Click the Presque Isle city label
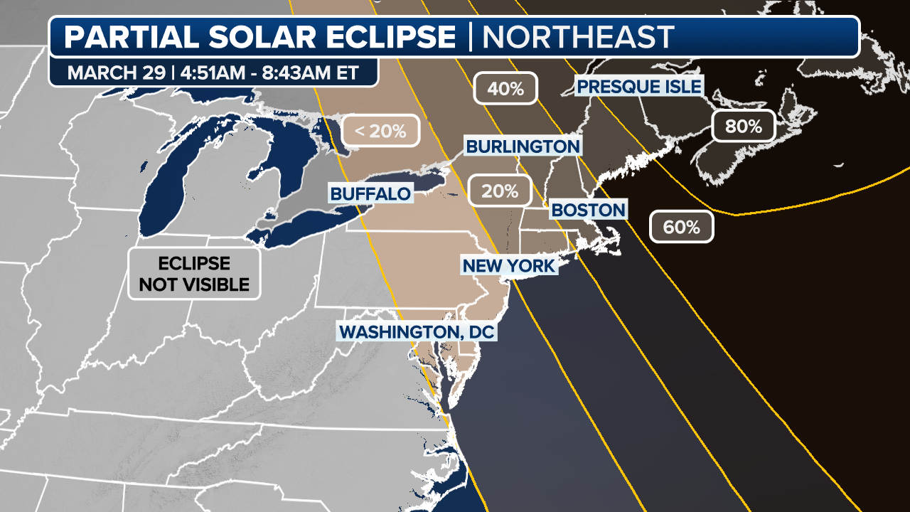639,87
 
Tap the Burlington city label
523,146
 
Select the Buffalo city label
370,193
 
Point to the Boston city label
588,210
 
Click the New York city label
508,266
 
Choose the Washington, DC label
417,331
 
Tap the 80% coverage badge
743,127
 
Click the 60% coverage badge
682,228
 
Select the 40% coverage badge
505,90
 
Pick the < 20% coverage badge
380,131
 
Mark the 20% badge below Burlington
499,191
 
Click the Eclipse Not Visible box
194,274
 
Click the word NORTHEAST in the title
577,37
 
